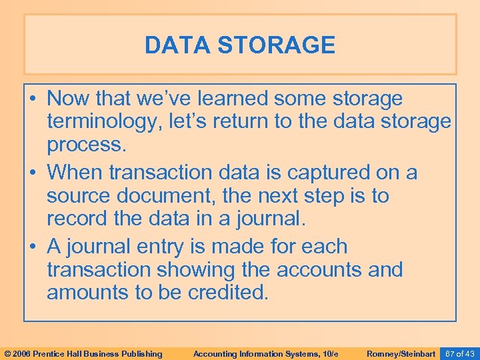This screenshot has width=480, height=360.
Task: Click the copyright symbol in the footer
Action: pos(7,353)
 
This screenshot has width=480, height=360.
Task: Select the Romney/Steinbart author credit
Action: pos(401,353)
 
